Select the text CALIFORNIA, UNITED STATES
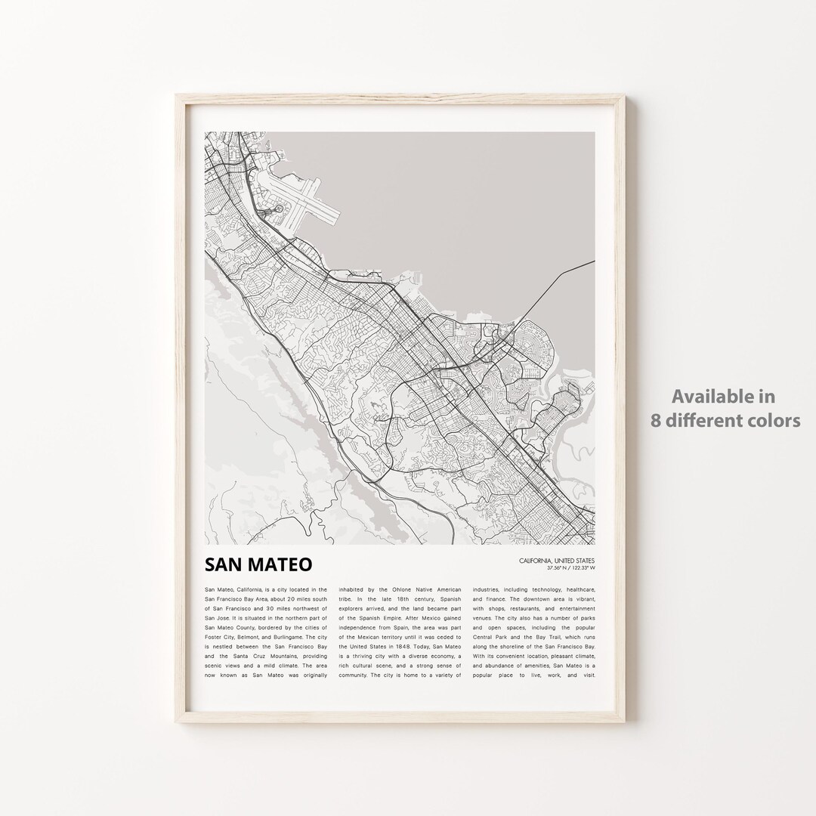tap(557, 560)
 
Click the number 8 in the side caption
tap(657, 420)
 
